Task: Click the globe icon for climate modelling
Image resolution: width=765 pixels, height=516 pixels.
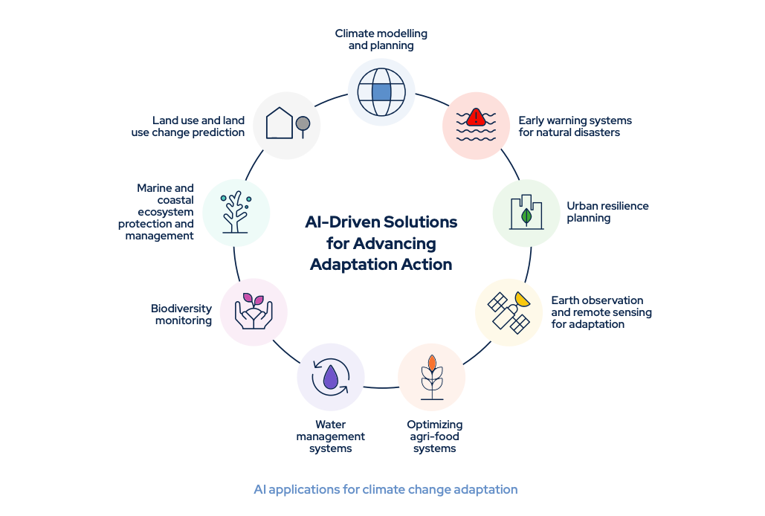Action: coord(381,92)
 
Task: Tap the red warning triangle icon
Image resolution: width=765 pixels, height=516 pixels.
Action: coord(476,117)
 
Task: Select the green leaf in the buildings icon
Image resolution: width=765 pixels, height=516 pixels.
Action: coord(527,216)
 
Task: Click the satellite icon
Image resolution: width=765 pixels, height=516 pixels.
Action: coord(508,312)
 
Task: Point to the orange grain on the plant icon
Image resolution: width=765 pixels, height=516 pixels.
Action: coord(431,364)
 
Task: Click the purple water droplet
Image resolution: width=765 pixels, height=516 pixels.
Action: coord(331,378)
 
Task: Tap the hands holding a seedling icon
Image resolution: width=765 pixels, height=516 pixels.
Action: coord(254,312)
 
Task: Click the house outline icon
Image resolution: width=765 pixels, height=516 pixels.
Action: coord(280,123)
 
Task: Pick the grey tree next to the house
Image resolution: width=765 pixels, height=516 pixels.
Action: coord(302,124)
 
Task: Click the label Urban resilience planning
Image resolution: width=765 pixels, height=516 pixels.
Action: coord(607,212)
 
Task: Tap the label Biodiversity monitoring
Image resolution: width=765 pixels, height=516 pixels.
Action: coord(181,315)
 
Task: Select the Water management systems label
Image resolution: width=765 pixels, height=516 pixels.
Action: coord(330,436)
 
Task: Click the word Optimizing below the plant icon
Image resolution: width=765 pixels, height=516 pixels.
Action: coord(434,425)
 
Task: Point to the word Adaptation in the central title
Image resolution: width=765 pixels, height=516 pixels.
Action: coord(345,264)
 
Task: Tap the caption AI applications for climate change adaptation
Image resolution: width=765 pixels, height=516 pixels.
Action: coord(385,489)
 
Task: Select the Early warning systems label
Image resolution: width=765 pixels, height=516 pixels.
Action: coord(575,126)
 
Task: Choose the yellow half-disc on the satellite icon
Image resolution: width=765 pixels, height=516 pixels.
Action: coord(523,299)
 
